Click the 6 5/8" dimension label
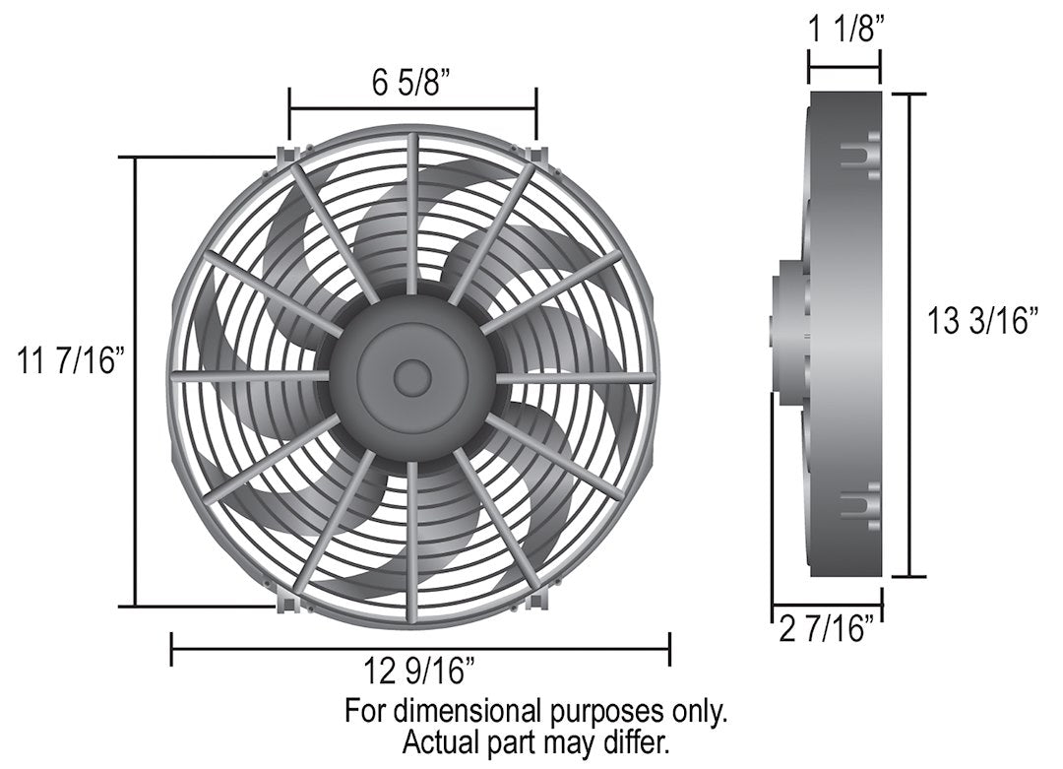point(411,84)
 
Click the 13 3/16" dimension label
point(983,321)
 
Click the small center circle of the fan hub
point(411,375)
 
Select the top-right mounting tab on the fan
point(537,156)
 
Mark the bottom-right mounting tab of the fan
point(537,598)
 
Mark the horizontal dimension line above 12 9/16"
point(420,649)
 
